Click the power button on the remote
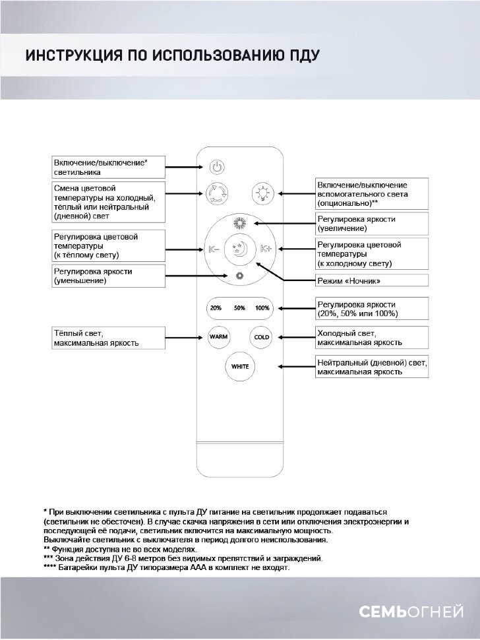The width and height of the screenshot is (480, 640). [x=218, y=167]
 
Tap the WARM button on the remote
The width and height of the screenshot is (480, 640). [x=218, y=336]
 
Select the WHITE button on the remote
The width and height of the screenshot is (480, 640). [x=239, y=366]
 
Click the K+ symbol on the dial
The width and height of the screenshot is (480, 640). [x=266, y=249]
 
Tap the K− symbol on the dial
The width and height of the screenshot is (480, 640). [x=214, y=249]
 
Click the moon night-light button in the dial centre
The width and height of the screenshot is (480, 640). [x=239, y=249]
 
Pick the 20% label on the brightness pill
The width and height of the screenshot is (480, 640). [x=216, y=308]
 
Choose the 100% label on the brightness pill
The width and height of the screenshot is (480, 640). [x=262, y=308]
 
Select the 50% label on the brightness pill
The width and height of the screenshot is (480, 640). [x=239, y=308]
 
